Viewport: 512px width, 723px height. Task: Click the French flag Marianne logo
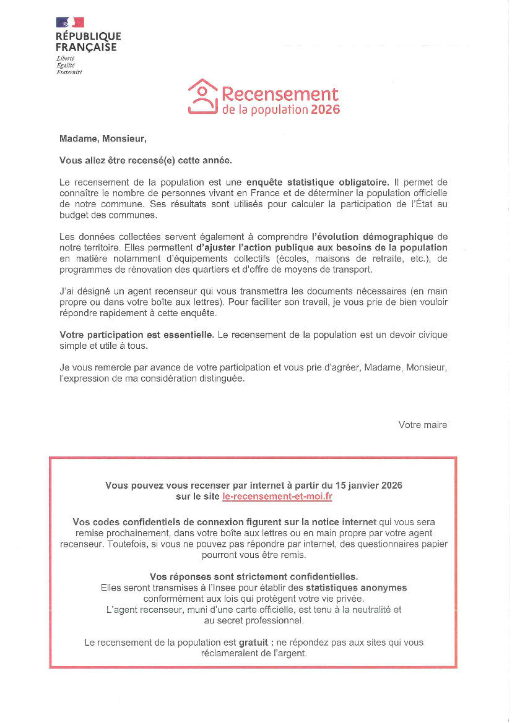pos(70,22)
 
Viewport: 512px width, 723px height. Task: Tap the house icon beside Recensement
pos(202,96)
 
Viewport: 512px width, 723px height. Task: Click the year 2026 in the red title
pos(325,110)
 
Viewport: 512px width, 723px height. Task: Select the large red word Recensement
pos(280,94)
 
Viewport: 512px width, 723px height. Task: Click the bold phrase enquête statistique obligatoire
pos(318,182)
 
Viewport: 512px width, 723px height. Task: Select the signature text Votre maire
pos(422,425)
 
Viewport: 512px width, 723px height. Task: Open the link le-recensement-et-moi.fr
pos(282,497)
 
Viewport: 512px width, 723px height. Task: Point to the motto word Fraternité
pos(69,72)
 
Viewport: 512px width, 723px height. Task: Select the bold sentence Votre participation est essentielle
pos(137,335)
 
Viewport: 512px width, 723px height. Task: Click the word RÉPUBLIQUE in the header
pos(88,37)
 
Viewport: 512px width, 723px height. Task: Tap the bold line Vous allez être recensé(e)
pos(145,160)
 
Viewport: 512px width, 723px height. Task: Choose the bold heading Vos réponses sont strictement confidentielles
pos(254,576)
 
